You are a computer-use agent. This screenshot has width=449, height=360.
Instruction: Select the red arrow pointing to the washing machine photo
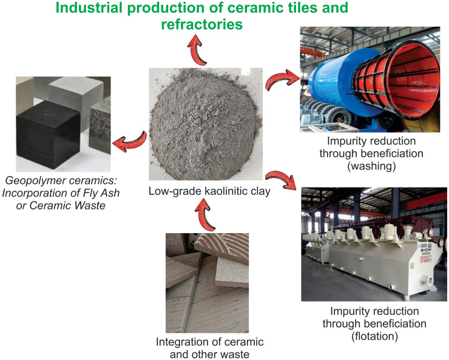[282, 81]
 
